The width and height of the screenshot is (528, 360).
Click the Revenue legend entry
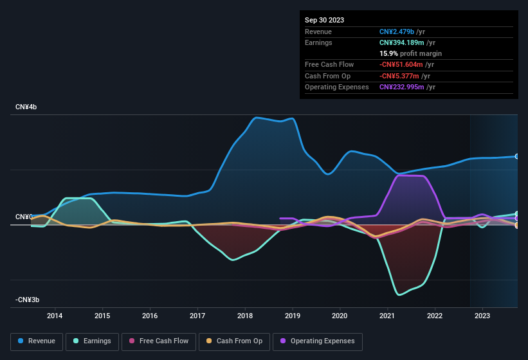point(37,341)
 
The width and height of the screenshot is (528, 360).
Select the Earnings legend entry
point(93,341)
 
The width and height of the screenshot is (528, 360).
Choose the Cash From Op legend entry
point(235,341)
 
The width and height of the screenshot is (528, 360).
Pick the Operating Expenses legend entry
point(317,341)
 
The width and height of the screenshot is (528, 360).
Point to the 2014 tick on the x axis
point(55,316)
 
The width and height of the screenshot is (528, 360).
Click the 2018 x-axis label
point(245,316)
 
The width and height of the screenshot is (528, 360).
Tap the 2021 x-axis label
point(387,316)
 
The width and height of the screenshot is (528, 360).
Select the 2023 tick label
point(482,316)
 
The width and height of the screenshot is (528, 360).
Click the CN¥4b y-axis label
point(26,107)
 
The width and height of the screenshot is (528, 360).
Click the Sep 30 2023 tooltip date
point(324,20)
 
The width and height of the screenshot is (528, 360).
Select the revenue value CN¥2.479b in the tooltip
point(400,32)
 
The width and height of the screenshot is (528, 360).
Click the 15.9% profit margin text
point(410,53)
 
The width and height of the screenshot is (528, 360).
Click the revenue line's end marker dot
point(517,156)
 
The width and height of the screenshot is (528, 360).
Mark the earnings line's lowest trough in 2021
point(399,294)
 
